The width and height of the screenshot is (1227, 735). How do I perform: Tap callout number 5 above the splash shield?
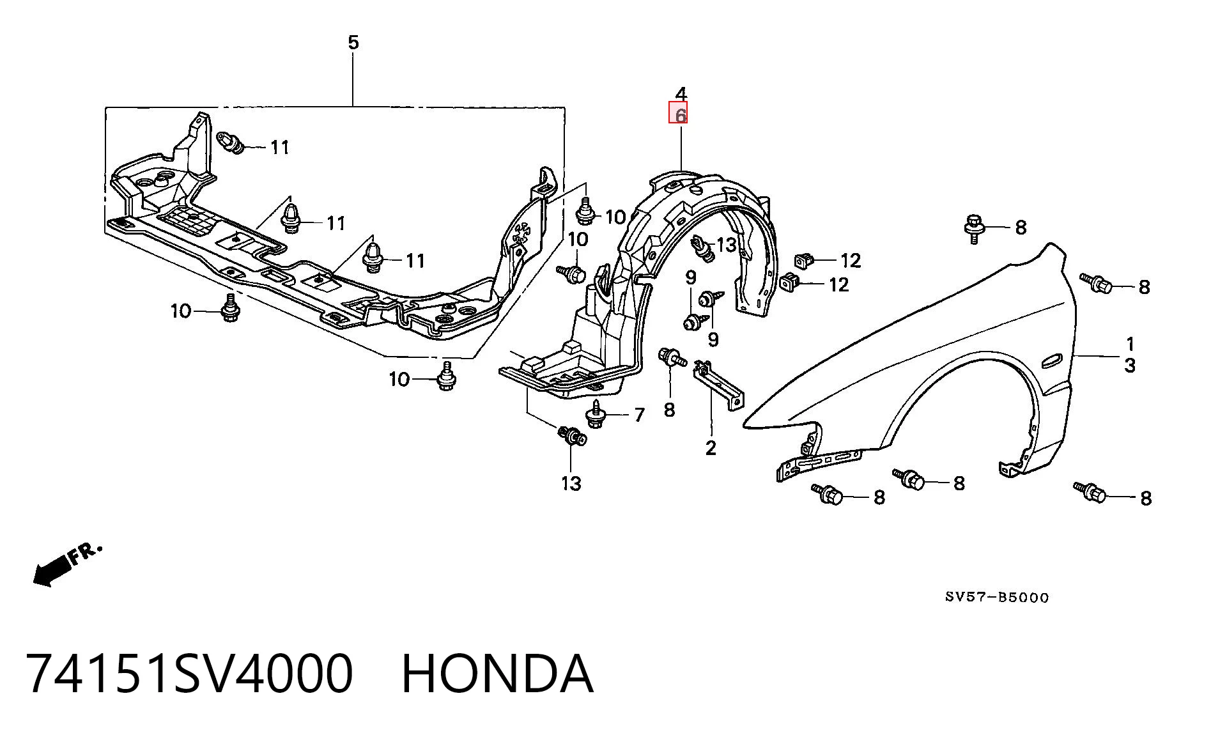click(x=353, y=43)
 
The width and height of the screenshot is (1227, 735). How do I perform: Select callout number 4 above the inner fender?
click(x=681, y=94)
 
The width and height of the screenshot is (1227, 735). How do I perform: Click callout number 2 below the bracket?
click(x=711, y=448)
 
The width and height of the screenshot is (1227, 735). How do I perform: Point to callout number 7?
click(x=640, y=415)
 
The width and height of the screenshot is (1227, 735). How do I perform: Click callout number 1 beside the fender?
click(x=1130, y=344)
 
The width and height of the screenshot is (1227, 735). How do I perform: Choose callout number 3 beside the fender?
click(x=1130, y=366)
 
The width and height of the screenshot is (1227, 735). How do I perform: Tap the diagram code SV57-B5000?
click(x=998, y=598)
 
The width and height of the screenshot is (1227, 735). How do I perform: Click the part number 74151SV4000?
click(x=190, y=674)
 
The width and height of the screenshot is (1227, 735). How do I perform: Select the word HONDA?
click(x=498, y=674)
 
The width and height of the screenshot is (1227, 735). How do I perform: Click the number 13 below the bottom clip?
click(x=571, y=484)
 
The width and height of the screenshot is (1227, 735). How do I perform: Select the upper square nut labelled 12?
click(x=804, y=260)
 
